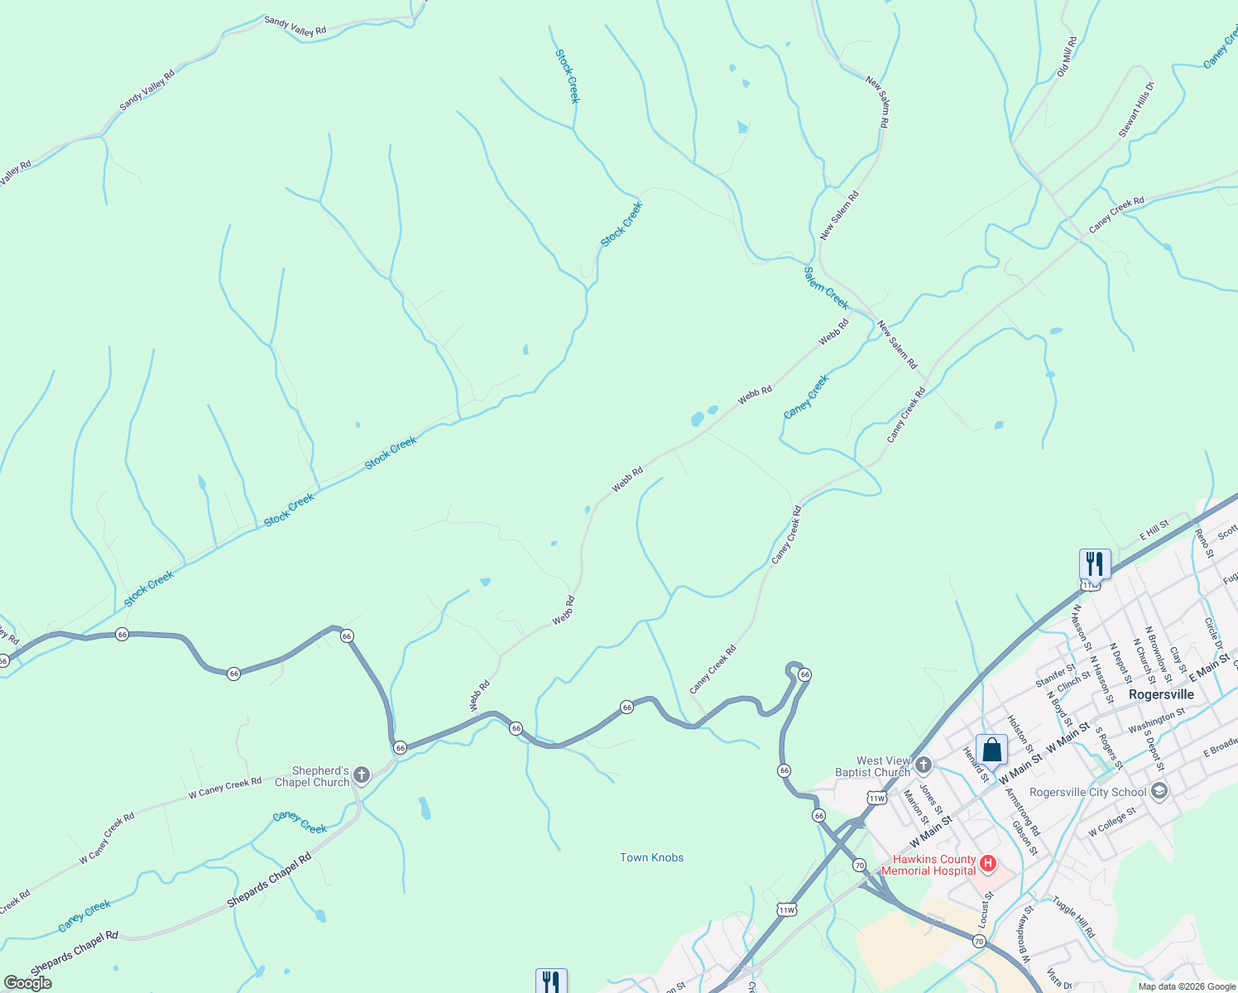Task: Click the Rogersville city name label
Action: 1161,694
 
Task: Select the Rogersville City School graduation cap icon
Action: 1159,792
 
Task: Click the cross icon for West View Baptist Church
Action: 924,765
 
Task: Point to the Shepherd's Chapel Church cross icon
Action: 361,775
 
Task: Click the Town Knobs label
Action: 652,857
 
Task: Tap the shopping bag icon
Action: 991,750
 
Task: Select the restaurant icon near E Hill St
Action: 1095,564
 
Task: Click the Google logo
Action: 28,983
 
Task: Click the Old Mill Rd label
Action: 1066,56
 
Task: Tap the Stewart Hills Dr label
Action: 1135,110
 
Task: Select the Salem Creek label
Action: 826,287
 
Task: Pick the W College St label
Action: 1113,821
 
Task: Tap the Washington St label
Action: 1156,722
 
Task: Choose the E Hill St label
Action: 1154,530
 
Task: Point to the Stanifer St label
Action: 1055,675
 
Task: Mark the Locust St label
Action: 984,909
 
